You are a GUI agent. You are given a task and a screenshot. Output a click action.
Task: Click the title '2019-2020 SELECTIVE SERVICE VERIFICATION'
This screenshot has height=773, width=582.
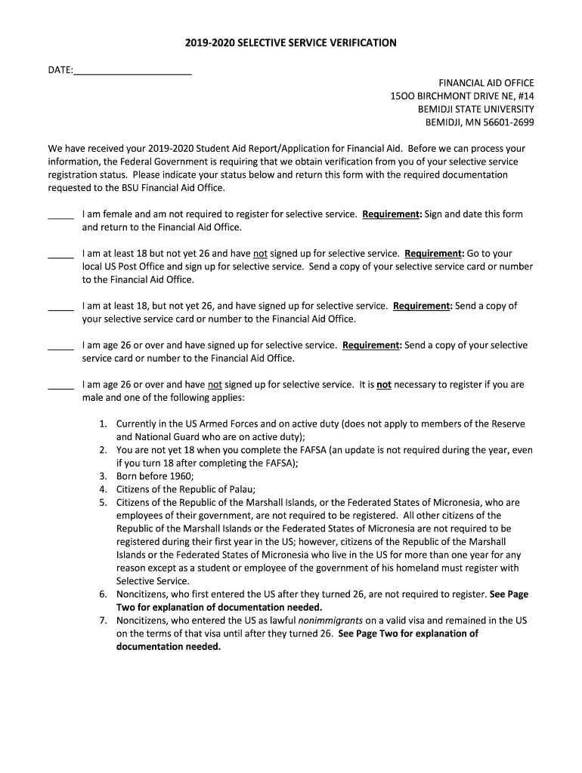click(291, 43)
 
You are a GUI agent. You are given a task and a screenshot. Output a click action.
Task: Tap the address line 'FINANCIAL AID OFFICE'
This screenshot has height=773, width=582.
click(487, 82)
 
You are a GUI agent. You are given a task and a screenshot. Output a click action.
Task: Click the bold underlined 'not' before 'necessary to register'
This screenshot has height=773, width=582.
click(384, 384)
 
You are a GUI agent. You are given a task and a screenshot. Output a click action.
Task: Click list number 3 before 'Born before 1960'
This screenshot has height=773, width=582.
click(103, 476)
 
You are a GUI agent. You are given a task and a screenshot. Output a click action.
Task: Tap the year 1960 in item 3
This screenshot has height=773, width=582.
click(181, 476)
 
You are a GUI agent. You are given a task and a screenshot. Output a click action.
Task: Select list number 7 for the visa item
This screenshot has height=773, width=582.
click(103, 621)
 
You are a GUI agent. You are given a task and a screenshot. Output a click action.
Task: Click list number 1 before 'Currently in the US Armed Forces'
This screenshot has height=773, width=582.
click(103, 424)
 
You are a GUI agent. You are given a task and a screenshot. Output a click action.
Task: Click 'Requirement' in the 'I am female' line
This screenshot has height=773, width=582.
click(392, 214)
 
